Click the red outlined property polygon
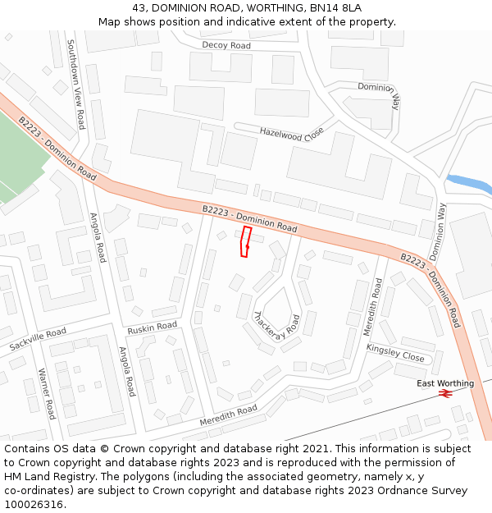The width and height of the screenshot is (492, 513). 245,242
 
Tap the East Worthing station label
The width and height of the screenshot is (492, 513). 444,383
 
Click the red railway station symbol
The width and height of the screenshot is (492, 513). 446,395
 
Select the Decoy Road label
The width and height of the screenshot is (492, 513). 226,46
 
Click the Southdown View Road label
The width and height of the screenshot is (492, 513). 75,85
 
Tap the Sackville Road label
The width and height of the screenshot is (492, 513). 38,338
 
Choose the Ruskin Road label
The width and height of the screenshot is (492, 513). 152,327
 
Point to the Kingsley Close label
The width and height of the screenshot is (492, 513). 395,353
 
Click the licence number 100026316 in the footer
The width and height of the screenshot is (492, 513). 34,504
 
